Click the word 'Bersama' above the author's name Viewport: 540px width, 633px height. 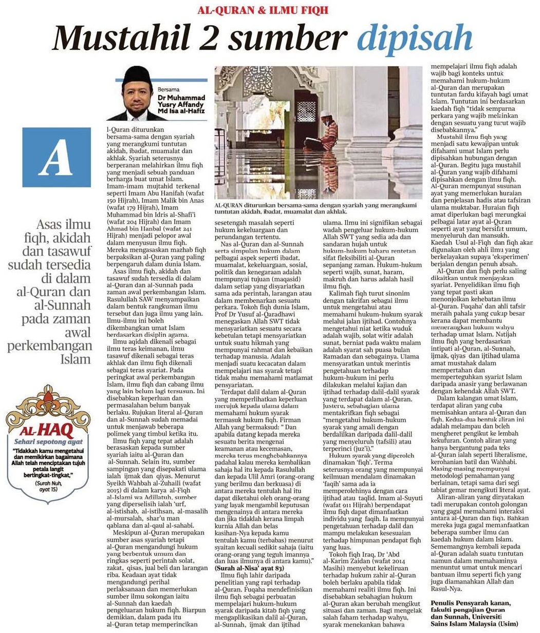coord(169,89)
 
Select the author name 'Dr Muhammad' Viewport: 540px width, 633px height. coord(181,97)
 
